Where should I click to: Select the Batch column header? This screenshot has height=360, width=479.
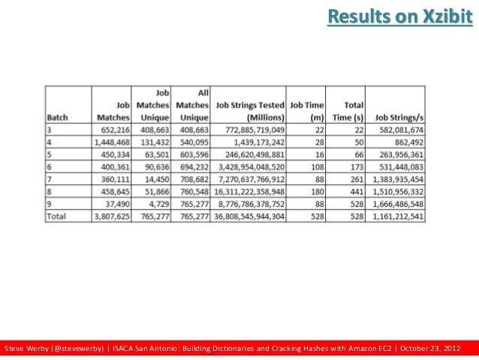pos(58,117)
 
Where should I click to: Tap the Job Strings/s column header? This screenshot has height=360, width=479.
pos(399,117)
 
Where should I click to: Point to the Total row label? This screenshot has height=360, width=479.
pos(57,216)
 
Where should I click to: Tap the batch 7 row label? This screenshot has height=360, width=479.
pos(50,180)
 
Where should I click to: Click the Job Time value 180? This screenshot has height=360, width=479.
pos(317,192)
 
